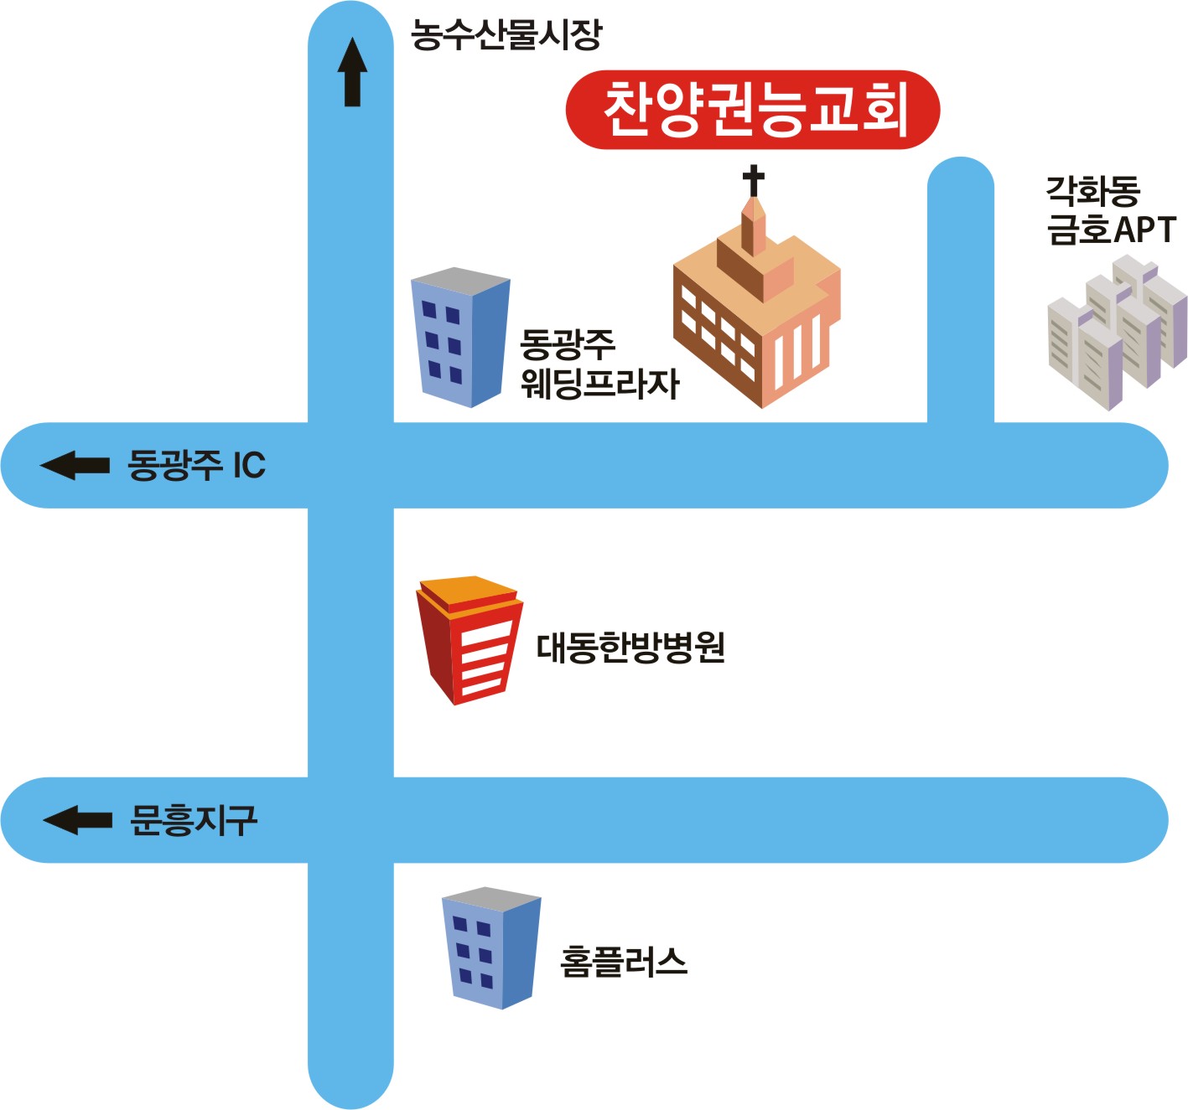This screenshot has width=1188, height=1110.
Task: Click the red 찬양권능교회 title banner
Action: click(x=752, y=110)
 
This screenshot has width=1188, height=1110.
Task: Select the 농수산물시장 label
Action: click(x=506, y=35)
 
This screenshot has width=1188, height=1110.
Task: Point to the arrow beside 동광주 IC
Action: click(x=75, y=465)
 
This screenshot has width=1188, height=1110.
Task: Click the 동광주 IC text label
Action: click(x=196, y=465)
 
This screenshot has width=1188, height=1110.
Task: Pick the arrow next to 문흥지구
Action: click(x=77, y=819)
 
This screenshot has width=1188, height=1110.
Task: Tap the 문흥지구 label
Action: click(x=194, y=820)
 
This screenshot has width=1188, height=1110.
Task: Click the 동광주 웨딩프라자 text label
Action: click(x=599, y=364)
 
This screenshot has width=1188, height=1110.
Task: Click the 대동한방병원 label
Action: click(x=630, y=648)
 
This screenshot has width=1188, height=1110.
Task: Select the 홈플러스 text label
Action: click(x=624, y=961)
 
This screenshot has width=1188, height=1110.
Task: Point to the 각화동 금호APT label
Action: click(x=1110, y=210)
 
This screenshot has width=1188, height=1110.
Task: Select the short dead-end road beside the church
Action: click(x=960, y=293)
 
